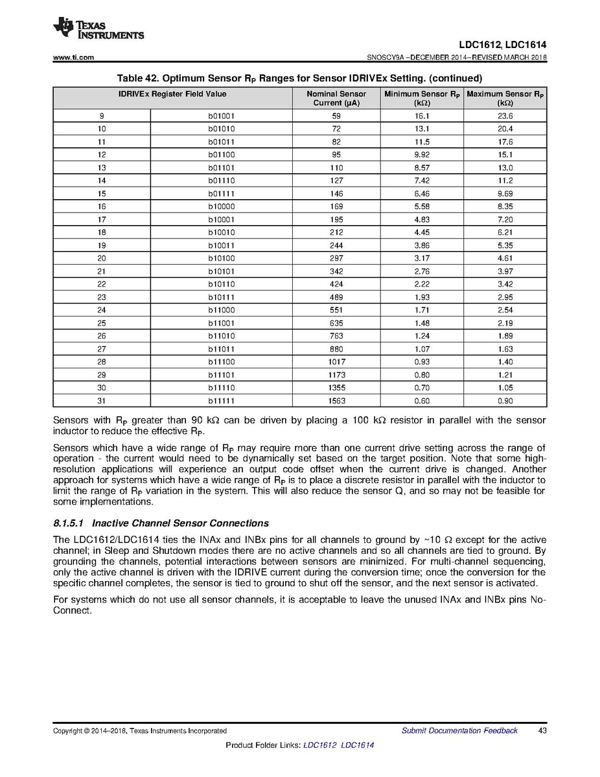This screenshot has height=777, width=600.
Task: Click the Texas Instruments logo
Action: tap(98, 28)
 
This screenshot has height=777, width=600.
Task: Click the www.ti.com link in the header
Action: tap(73, 58)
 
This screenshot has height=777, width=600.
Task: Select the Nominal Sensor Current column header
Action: tap(336, 98)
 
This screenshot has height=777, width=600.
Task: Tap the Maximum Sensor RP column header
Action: tap(505, 98)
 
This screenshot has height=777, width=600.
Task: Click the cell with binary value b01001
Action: tap(222, 116)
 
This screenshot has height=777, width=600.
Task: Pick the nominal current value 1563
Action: tap(336, 401)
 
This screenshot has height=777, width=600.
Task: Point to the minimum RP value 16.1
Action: tap(422, 116)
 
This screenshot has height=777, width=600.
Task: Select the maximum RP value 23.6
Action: tap(505, 116)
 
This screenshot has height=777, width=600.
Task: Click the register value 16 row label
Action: tap(101, 206)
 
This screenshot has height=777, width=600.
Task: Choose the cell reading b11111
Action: tap(222, 401)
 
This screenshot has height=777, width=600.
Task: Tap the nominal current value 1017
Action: tap(336, 362)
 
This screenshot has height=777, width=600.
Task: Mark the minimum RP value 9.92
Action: tap(422, 154)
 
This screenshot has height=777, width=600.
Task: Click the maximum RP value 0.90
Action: tap(505, 401)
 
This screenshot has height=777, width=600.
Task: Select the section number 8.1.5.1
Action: tap(68, 523)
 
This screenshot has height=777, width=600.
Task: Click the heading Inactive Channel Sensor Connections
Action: tap(181, 523)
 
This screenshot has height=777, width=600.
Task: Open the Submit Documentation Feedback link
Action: tap(459, 731)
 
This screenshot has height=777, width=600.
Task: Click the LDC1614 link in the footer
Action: tap(357, 745)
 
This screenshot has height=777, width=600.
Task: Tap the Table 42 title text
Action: tap(299, 78)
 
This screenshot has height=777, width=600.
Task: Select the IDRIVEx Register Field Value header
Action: tap(172, 94)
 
